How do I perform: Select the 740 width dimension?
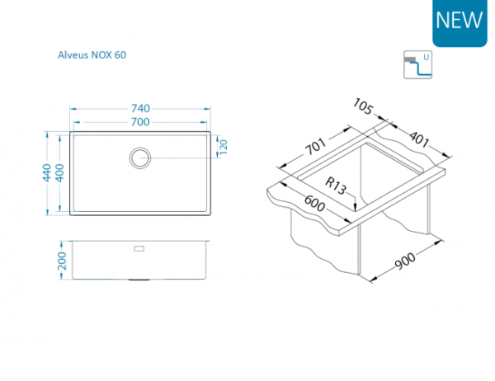point(140,109)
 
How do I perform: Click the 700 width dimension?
point(140,122)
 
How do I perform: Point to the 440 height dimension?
point(48,172)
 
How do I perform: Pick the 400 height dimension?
point(59,172)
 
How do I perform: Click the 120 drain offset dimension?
point(223,146)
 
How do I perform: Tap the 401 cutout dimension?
point(419,139)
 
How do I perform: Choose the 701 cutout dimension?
point(313,148)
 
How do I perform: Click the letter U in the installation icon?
point(426,58)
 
